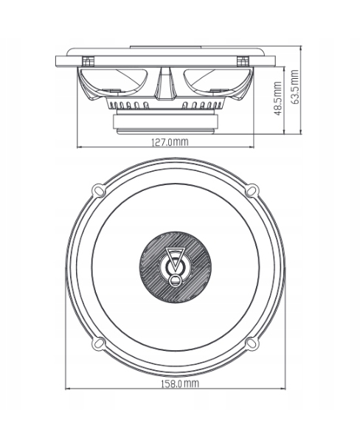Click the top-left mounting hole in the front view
pos(100,190)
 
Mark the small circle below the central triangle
pos(175,279)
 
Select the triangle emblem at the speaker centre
pos(175,260)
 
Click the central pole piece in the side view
pos(167,83)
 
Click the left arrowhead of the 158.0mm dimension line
pos(69,390)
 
